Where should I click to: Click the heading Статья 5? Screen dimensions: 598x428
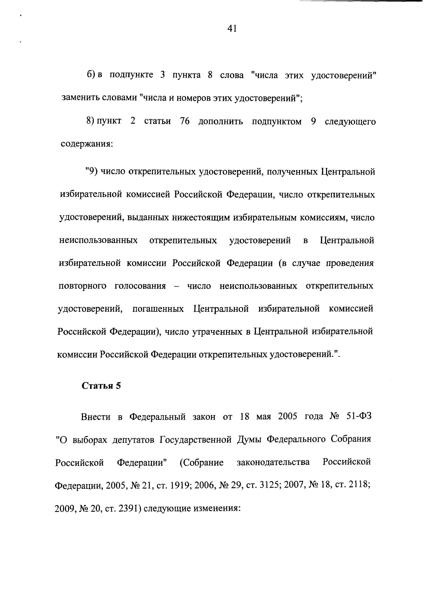101,386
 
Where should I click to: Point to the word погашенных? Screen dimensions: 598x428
158,309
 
